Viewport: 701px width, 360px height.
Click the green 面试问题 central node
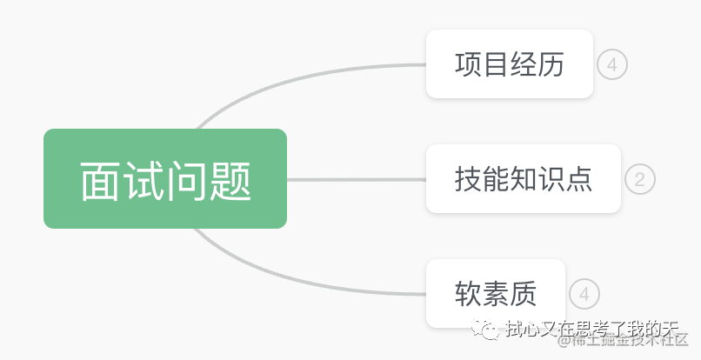coord(165,178)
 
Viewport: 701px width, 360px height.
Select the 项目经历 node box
coord(509,64)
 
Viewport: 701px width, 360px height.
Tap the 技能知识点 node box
coord(523,178)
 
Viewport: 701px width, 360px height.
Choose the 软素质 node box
coord(496,294)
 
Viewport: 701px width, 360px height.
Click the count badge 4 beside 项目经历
coord(612,64)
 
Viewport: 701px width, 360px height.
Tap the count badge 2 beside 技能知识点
coord(640,179)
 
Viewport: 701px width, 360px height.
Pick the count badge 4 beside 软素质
coord(584,294)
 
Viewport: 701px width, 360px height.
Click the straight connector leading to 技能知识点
coord(357,180)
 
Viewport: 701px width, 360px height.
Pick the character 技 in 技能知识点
coord(468,179)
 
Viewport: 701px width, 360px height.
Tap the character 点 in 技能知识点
coord(578,179)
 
